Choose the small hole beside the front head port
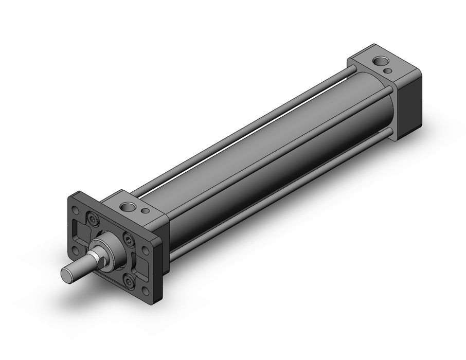(146, 211)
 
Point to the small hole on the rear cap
(393, 71)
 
